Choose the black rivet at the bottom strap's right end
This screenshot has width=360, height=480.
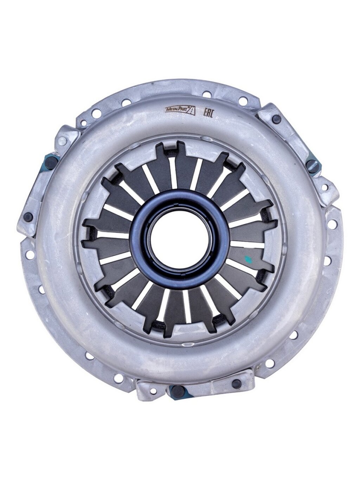pyautogui.click(x=237, y=383)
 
